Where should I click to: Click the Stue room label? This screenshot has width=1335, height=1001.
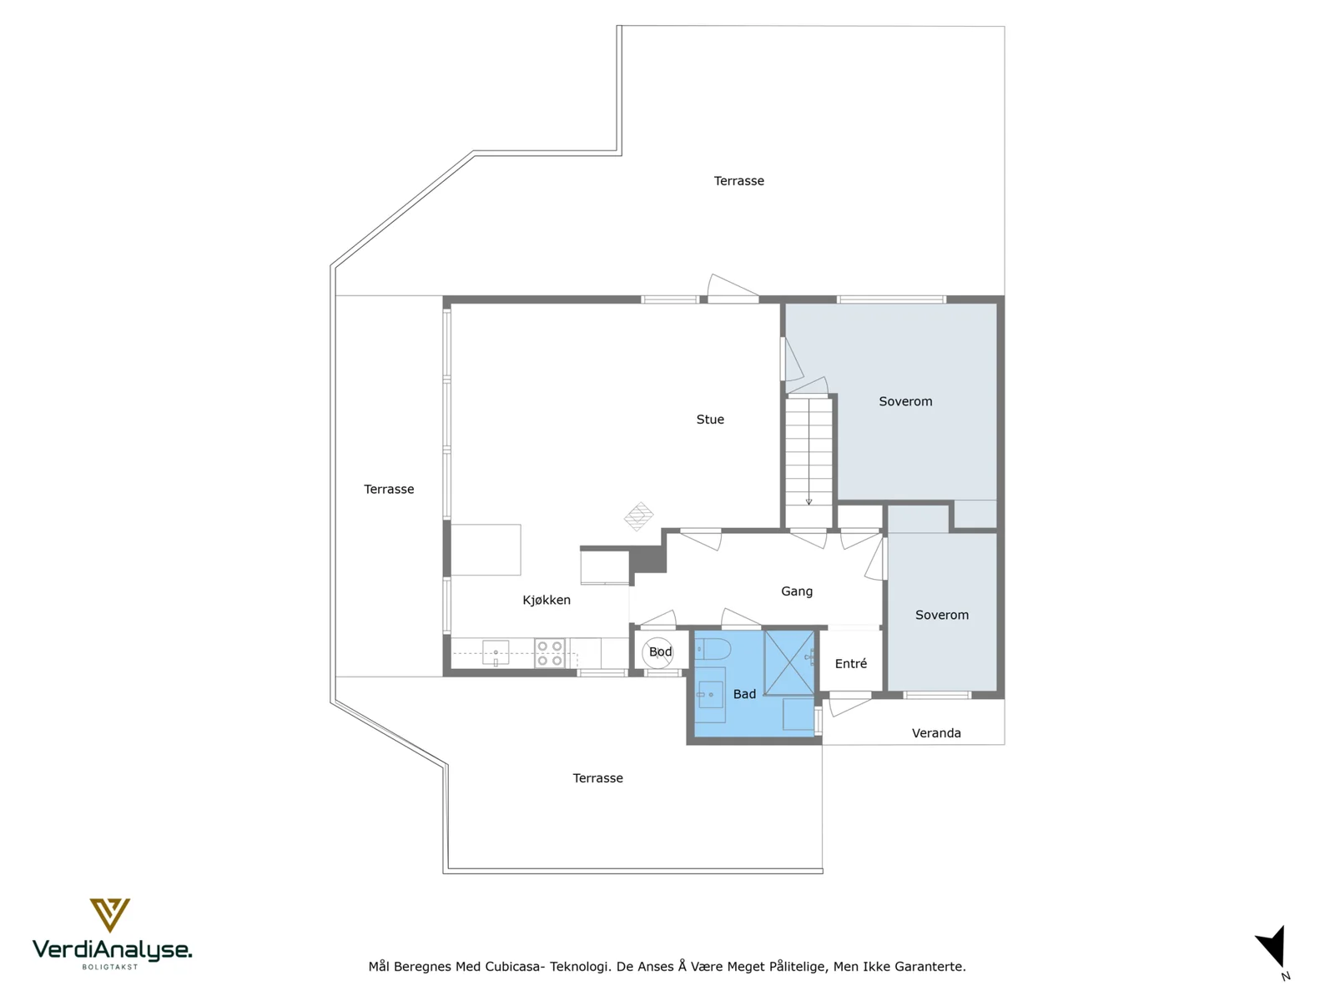coord(710,420)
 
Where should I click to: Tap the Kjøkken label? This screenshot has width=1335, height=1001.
coord(547,600)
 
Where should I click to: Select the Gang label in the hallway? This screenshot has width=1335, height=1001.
coord(797,591)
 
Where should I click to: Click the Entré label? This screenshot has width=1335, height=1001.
coord(850,664)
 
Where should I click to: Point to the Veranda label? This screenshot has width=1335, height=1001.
coord(936,733)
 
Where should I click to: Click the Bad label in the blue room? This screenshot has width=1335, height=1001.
coord(744,694)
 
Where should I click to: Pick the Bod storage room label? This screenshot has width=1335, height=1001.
coord(661,651)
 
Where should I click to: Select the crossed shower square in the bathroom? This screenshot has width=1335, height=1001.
coord(788,663)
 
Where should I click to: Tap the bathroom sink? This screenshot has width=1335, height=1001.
coord(710,695)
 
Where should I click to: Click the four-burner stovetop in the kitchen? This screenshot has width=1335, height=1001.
coord(550,653)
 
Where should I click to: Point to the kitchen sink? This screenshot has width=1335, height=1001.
coord(496,653)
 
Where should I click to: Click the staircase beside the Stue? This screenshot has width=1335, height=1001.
coord(809,462)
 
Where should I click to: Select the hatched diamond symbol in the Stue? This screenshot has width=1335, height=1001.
coord(638,516)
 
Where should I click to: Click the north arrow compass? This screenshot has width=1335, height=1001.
coord(1272,948)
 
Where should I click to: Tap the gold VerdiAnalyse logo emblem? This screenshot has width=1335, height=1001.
coord(110,915)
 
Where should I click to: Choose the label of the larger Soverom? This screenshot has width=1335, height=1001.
coord(905,402)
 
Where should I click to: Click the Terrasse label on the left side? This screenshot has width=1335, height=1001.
coord(389,490)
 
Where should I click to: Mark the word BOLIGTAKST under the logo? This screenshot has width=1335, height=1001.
coord(110,967)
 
